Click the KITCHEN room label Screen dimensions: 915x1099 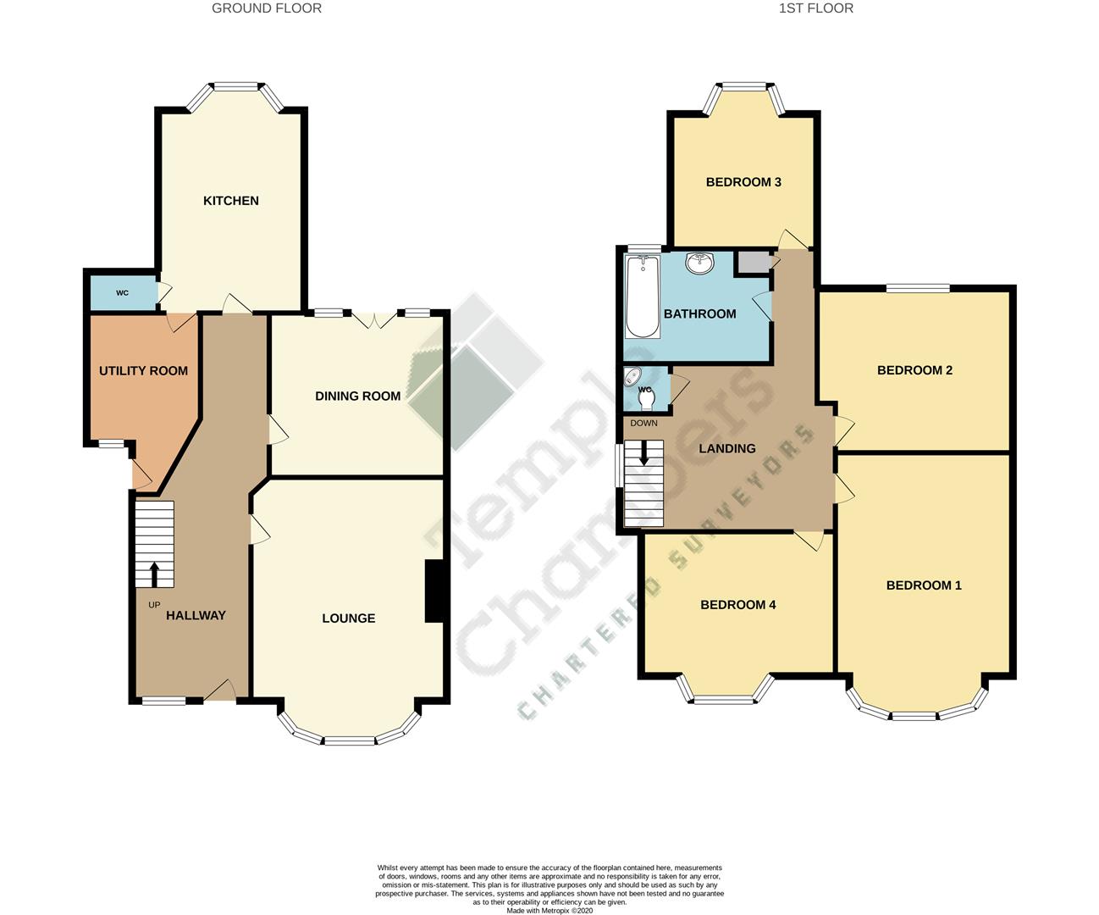point(230,201)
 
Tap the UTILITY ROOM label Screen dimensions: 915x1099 point(143,371)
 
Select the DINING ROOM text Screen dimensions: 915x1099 point(357,396)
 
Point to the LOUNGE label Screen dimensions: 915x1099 point(348,618)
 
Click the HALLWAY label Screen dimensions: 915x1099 point(196,616)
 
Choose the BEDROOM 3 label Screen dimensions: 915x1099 point(743,182)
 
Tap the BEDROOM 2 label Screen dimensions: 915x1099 point(914,370)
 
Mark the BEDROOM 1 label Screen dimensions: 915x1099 point(924,585)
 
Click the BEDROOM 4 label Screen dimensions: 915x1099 point(737,605)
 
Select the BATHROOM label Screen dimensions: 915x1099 point(699,314)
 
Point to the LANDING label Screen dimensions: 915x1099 point(726,449)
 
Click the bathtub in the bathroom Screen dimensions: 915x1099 point(641,297)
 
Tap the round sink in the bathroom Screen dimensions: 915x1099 point(700,263)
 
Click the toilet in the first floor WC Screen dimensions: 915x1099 point(648,395)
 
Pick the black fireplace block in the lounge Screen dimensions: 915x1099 point(434,591)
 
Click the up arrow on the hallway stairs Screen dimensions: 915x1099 point(154,574)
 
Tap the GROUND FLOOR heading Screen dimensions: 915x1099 point(266,8)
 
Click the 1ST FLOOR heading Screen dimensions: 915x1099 point(815,8)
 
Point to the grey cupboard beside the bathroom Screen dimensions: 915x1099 point(753,263)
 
